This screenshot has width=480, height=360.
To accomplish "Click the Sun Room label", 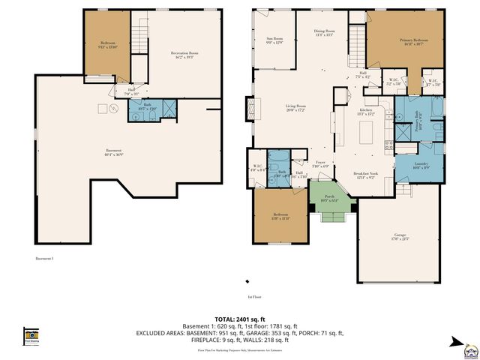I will [274, 40].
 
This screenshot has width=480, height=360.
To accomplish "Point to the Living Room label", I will [295, 108].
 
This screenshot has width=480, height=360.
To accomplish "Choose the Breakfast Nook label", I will [366, 175].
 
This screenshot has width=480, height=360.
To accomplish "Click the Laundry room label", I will [421, 166].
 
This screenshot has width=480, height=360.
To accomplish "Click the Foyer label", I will [320, 163].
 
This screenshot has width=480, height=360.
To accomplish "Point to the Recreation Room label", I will [184, 55].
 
